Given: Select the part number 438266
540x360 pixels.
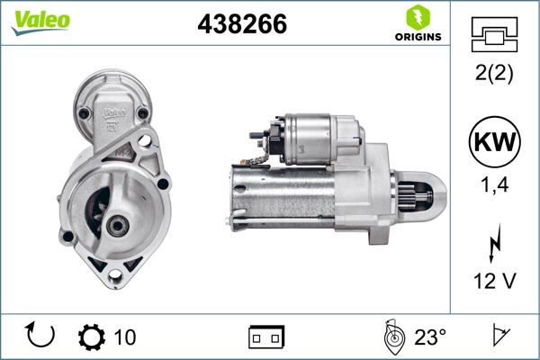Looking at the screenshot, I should click(x=242, y=25).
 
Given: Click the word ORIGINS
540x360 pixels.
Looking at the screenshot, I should click(x=417, y=37).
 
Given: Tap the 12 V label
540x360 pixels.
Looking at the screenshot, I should click(x=493, y=281).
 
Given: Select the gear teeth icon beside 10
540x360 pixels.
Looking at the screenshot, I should click(x=92, y=337).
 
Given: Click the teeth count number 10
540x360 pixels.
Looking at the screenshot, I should click(x=125, y=337).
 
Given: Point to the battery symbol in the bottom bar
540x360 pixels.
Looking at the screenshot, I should click(x=265, y=337).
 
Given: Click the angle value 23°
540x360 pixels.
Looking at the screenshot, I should click(x=430, y=337).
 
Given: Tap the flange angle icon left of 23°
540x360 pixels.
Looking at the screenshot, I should click(x=392, y=337).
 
